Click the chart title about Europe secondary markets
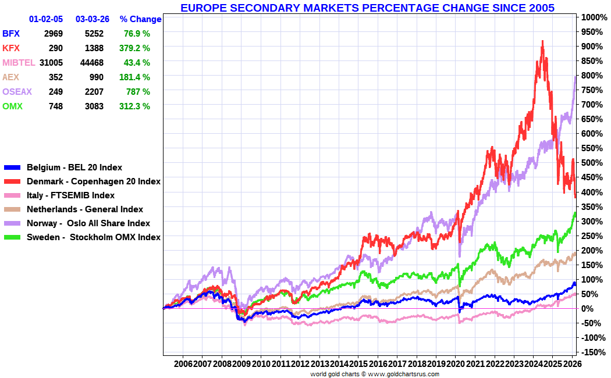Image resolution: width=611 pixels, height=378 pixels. (367, 8)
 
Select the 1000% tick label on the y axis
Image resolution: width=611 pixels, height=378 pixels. (593, 17)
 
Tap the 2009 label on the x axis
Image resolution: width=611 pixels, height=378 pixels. (241, 363)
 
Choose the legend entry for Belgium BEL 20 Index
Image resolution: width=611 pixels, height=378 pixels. (74, 167)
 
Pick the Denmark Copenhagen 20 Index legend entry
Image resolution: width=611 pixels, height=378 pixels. (93, 181)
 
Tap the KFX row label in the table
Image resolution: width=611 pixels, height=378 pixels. (12, 48)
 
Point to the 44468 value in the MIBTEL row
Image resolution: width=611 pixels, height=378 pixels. (92, 63)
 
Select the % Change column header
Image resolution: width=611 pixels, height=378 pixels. (140, 19)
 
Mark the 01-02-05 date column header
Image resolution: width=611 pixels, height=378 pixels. (45, 19)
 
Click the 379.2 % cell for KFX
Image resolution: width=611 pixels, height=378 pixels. (134, 48)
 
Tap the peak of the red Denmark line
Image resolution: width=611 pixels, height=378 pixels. (542, 42)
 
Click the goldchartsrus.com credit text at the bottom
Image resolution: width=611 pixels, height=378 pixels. (375, 374)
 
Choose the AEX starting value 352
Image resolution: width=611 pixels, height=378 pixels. (55, 77)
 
